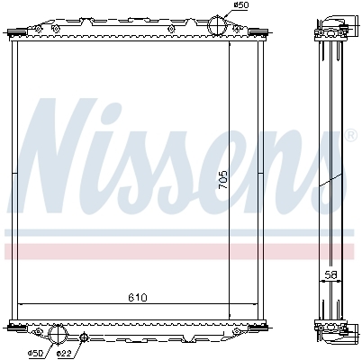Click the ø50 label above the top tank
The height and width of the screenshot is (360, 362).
241,5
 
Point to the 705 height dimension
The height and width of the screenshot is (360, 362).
223,180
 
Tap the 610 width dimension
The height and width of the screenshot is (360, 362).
138,297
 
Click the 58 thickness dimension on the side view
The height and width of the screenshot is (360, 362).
330,274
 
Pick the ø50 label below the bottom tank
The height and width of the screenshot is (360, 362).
35,354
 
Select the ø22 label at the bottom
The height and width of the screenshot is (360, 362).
64,354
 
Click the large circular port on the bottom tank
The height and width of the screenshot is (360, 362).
57,335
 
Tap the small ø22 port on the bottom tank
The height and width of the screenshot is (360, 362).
84,337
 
